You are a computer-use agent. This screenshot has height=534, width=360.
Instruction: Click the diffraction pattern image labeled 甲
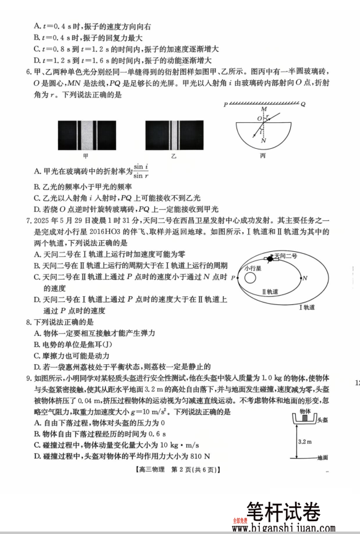tap(86, 135)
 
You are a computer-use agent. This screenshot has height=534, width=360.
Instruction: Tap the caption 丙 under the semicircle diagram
tap(262, 156)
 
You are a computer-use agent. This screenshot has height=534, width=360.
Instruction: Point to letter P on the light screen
tap(226, 105)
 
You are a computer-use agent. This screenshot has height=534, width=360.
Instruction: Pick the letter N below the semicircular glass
tap(264, 140)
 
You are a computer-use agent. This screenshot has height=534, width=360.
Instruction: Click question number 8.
tap(28, 322)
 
